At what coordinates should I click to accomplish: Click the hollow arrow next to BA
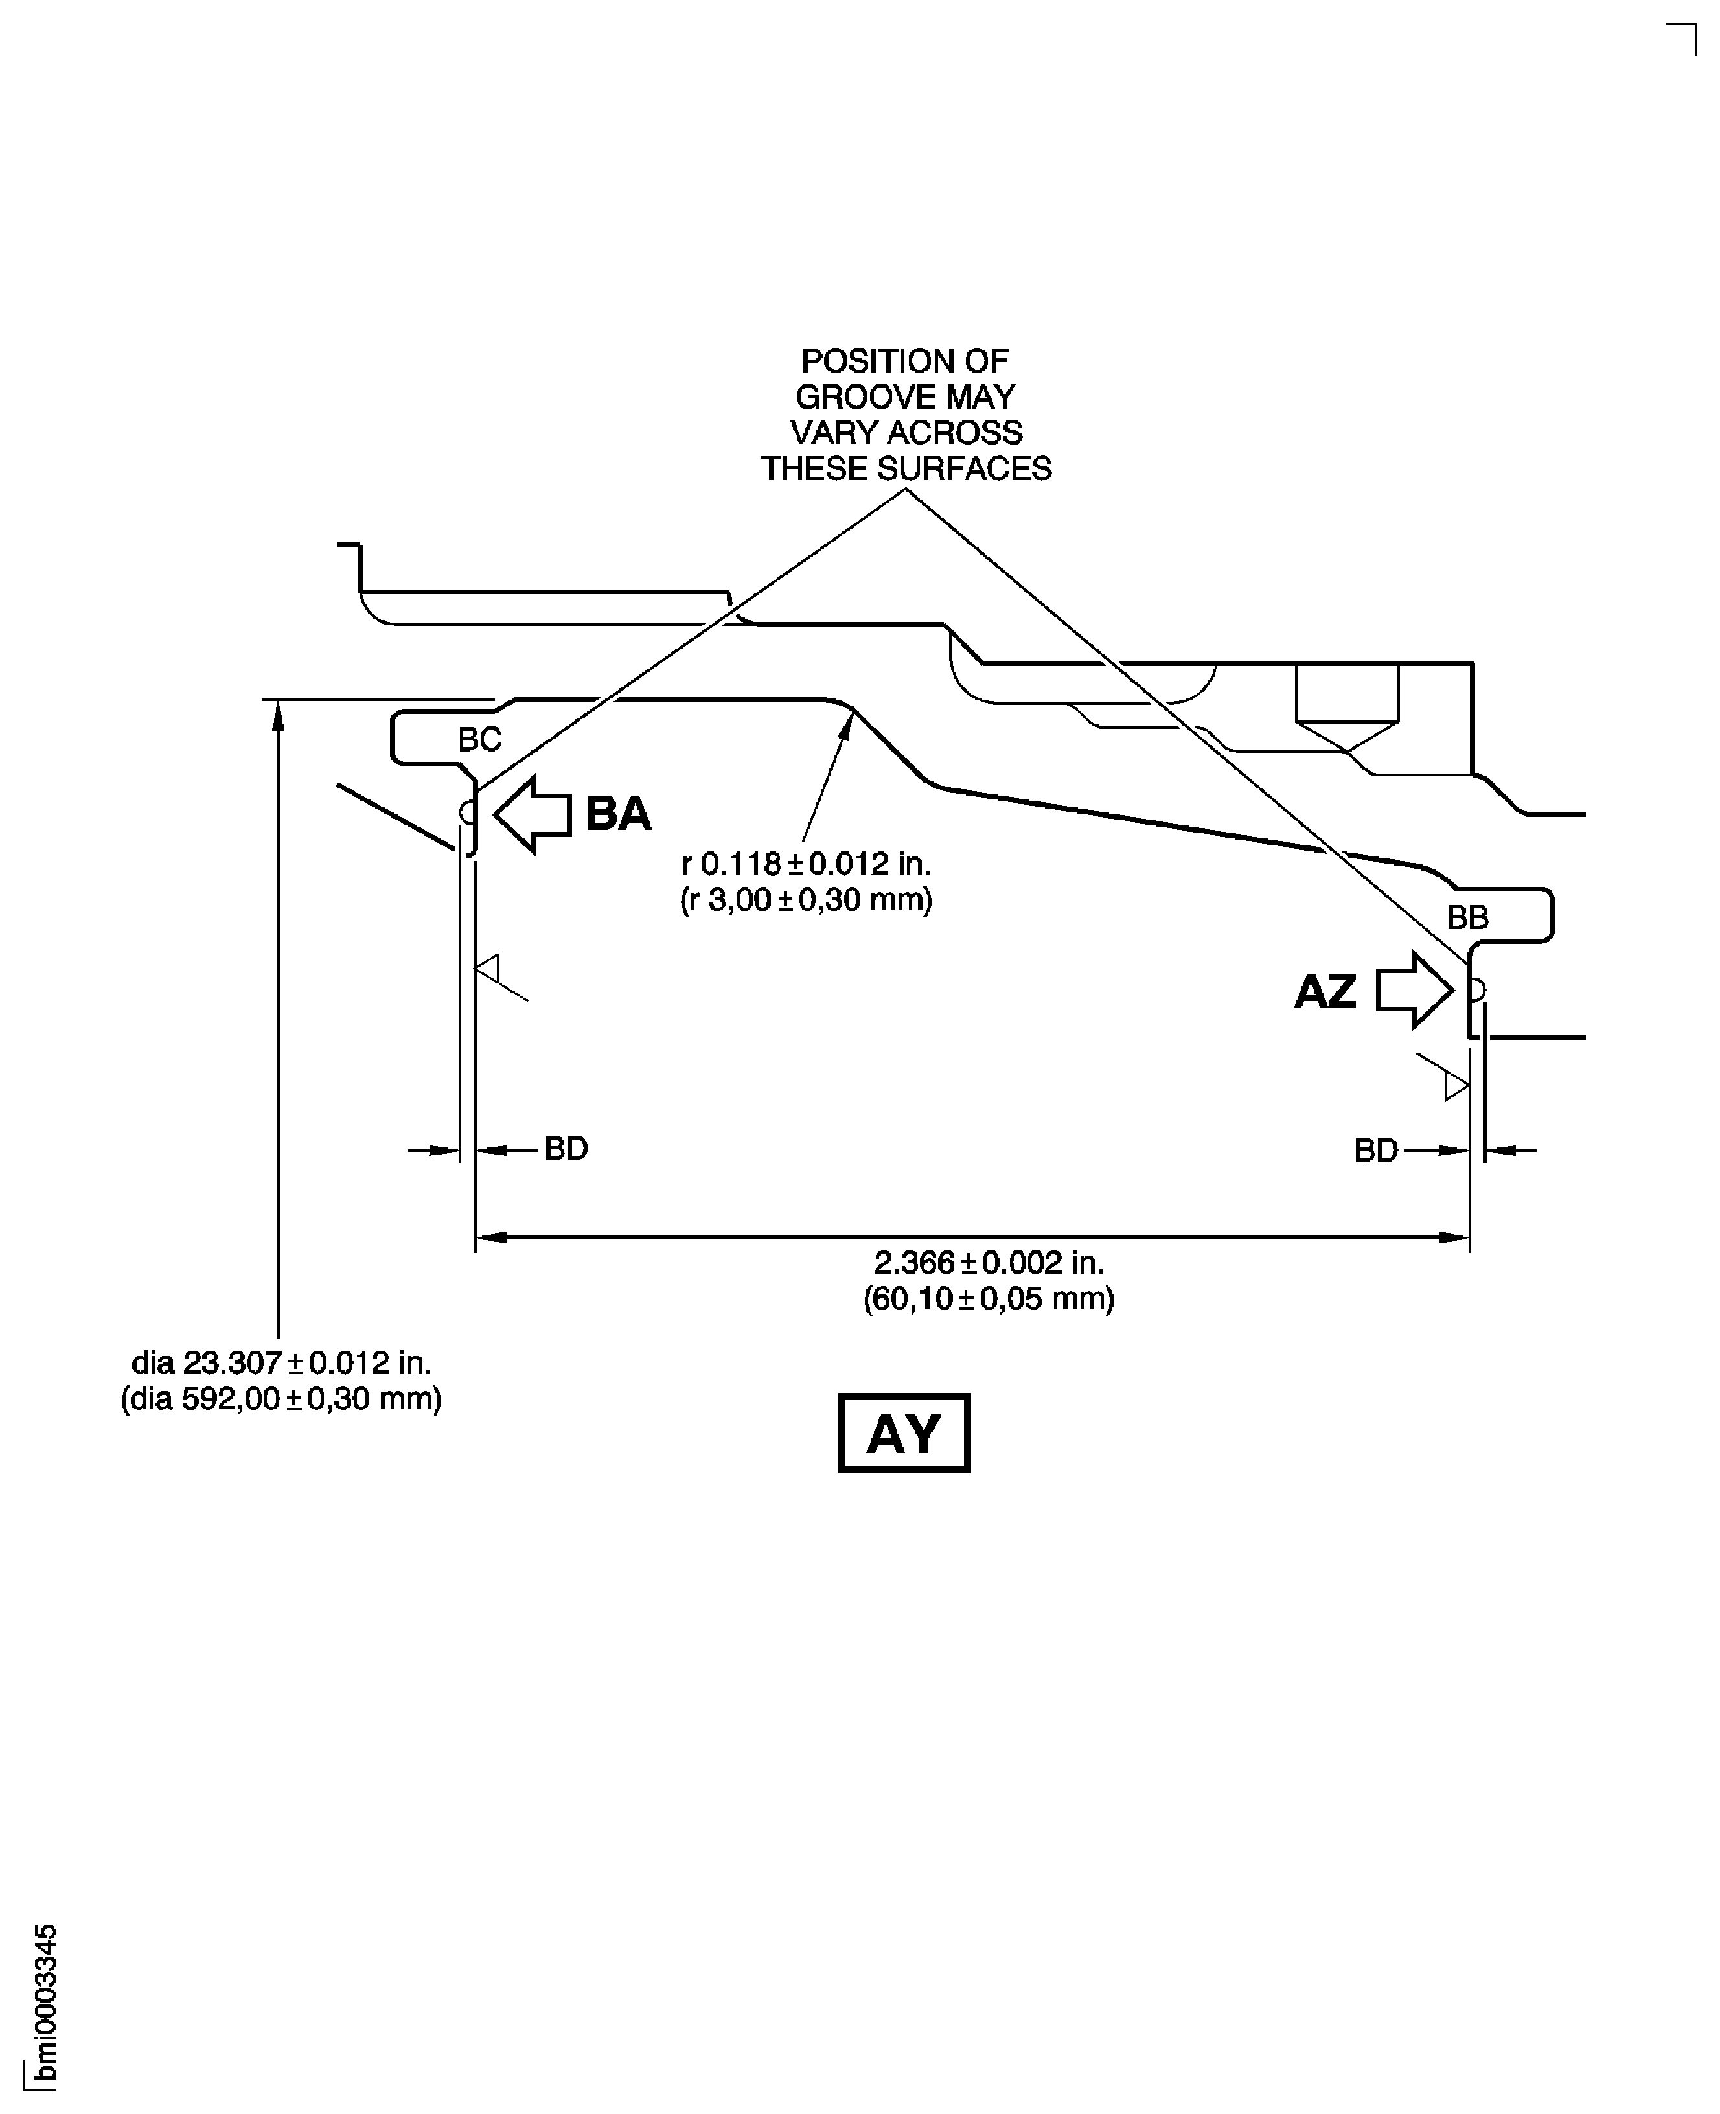[x=531, y=813]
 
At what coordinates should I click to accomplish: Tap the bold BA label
[x=618, y=813]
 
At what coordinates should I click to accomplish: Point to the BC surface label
[x=479, y=739]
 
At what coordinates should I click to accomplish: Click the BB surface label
[x=1467, y=917]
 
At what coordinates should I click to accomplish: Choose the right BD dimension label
[x=1376, y=1149]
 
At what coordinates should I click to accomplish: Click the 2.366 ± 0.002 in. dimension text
[x=989, y=1262]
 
